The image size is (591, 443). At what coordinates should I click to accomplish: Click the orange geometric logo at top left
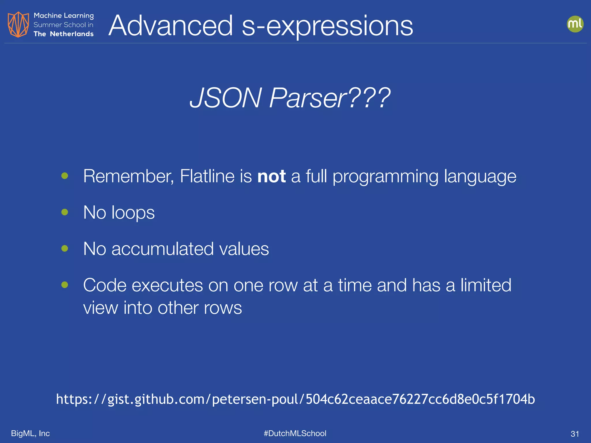[18, 25]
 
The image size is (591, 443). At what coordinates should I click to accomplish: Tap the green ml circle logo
[575, 24]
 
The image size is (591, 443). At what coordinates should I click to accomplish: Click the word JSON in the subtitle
[225, 98]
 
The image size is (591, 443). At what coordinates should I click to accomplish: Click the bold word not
[271, 176]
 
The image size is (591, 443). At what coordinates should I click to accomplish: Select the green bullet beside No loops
[65, 212]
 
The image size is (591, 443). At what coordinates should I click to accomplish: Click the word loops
[133, 213]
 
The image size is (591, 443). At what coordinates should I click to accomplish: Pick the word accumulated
[162, 249]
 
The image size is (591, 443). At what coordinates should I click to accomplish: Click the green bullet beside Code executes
[65, 285]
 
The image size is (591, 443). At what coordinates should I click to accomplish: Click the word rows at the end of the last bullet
[223, 308]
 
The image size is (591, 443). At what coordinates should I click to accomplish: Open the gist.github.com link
[295, 399]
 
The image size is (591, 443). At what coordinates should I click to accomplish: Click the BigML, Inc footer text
[30, 433]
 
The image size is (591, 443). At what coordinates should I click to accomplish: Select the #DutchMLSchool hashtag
[295, 433]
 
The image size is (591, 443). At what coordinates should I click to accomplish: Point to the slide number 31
[575, 434]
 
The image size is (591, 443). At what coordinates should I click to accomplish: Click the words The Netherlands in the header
[63, 34]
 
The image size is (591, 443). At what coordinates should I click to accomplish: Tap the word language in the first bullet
[480, 176]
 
